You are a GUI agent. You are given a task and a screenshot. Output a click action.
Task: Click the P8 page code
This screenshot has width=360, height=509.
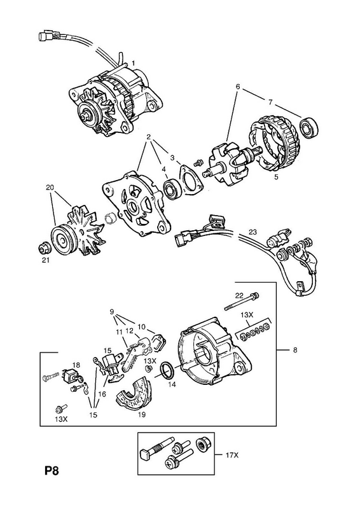[x=52, y=471]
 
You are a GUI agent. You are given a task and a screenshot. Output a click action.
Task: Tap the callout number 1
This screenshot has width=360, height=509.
[x=133, y=62]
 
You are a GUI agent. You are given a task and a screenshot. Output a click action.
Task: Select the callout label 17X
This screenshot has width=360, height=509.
[x=232, y=456]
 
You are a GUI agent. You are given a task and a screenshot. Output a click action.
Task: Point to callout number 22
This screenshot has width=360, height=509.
[x=239, y=295]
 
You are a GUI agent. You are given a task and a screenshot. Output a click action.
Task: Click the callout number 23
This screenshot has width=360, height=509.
[x=253, y=232]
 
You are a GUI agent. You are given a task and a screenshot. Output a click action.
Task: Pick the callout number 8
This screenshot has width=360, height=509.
[x=294, y=351]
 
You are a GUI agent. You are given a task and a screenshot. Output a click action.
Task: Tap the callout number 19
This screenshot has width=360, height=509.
[x=142, y=414]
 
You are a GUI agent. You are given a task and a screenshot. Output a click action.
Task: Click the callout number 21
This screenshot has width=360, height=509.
[x=46, y=260]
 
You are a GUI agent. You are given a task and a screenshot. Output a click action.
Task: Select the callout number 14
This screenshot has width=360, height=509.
[x=172, y=385]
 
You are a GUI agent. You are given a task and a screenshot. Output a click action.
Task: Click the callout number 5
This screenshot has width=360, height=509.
[x=276, y=178]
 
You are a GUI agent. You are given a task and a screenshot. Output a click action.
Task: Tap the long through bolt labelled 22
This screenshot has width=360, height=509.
[x=242, y=301]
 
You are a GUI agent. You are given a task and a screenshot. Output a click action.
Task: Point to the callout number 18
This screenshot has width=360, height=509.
[x=76, y=365]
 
